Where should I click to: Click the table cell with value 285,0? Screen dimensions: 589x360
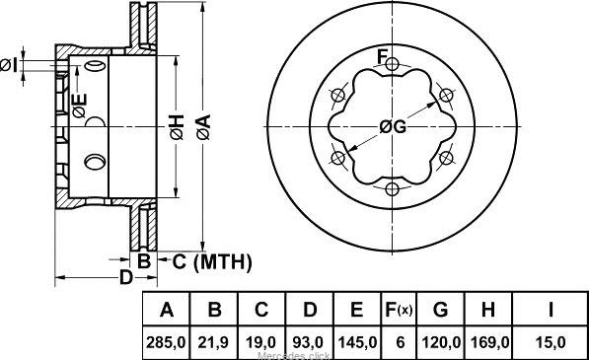166,342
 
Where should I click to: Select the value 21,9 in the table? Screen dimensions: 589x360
213,342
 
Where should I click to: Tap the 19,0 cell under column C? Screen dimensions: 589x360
260,342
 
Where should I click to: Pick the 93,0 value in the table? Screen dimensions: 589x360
309,342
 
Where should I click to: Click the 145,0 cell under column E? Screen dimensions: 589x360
357,342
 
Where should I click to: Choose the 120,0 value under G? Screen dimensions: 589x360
441,342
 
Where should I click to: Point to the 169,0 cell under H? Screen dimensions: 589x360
489,342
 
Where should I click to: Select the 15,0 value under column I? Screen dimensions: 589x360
551,342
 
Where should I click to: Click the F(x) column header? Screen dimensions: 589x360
399,310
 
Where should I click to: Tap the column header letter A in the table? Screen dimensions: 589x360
167,310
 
